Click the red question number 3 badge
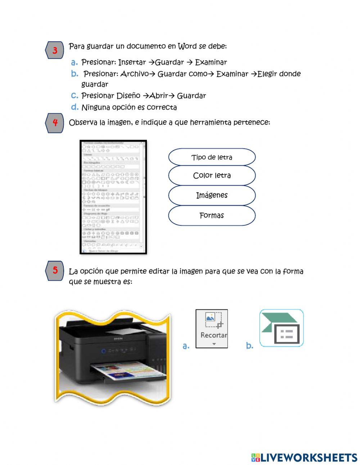tap(55, 50)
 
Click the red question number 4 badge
tap(55, 122)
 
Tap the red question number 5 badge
tap(55, 270)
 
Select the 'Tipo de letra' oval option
tap(212, 157)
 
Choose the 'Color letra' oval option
tap(212, 175)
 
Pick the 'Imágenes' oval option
tap(212, 195)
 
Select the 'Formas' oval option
tap(212, 215)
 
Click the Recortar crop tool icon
tap(212, 328)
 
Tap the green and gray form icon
tap(282, 328)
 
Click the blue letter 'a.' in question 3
tap(75, 62)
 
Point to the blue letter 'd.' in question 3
tap(75, 107)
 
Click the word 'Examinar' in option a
tap(211, 62)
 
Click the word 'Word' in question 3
tap(187, 46)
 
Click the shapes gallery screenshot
tap(113, 197)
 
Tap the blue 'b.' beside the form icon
tap(249, 346)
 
